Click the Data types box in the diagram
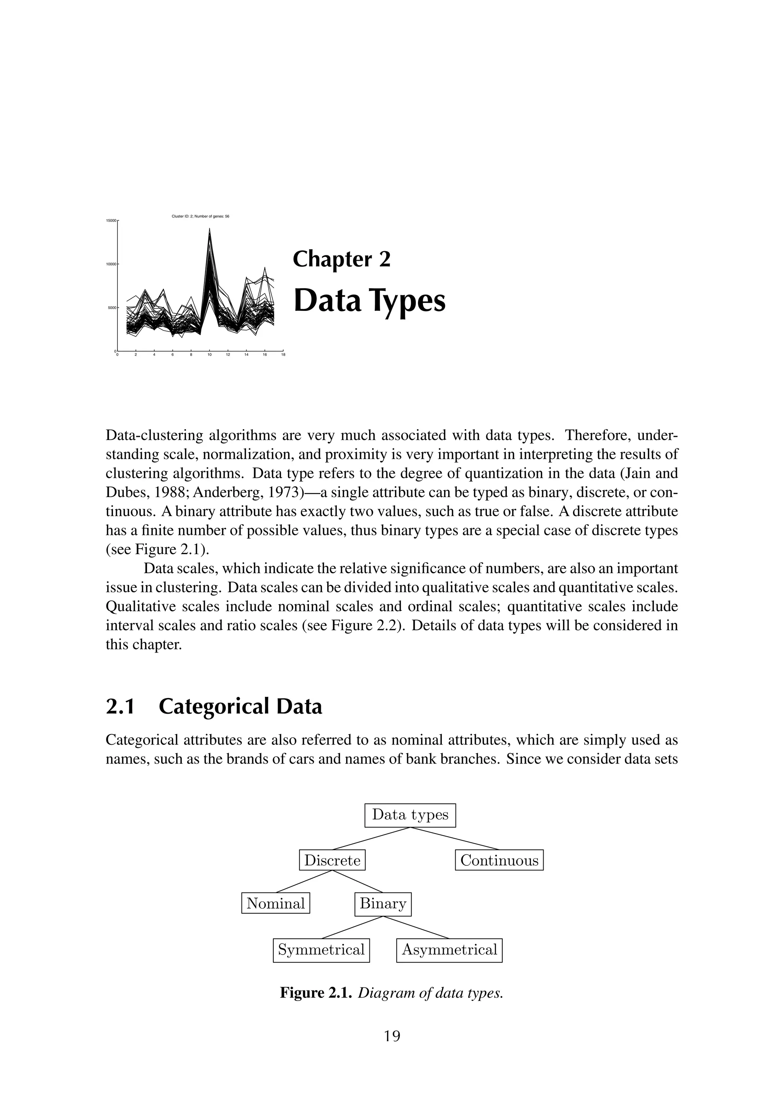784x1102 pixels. [x=410, y=815]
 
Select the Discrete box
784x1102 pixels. [x=332, y=860]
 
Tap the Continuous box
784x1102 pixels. [x=499, y=860]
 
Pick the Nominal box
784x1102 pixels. [x=276, y=903]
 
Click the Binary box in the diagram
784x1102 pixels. [x=383, y=903]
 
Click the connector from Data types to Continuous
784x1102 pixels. [x=454, y=838]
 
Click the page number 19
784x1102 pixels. [x=392, y=1035]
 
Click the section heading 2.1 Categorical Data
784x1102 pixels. [x=214, y=706]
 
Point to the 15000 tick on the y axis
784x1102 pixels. [x=111, y=221]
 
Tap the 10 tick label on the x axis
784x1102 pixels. [x=209, y=355]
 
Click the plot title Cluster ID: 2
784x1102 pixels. [x=200, y=216]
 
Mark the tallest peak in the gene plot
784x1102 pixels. [x=209, y=230]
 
